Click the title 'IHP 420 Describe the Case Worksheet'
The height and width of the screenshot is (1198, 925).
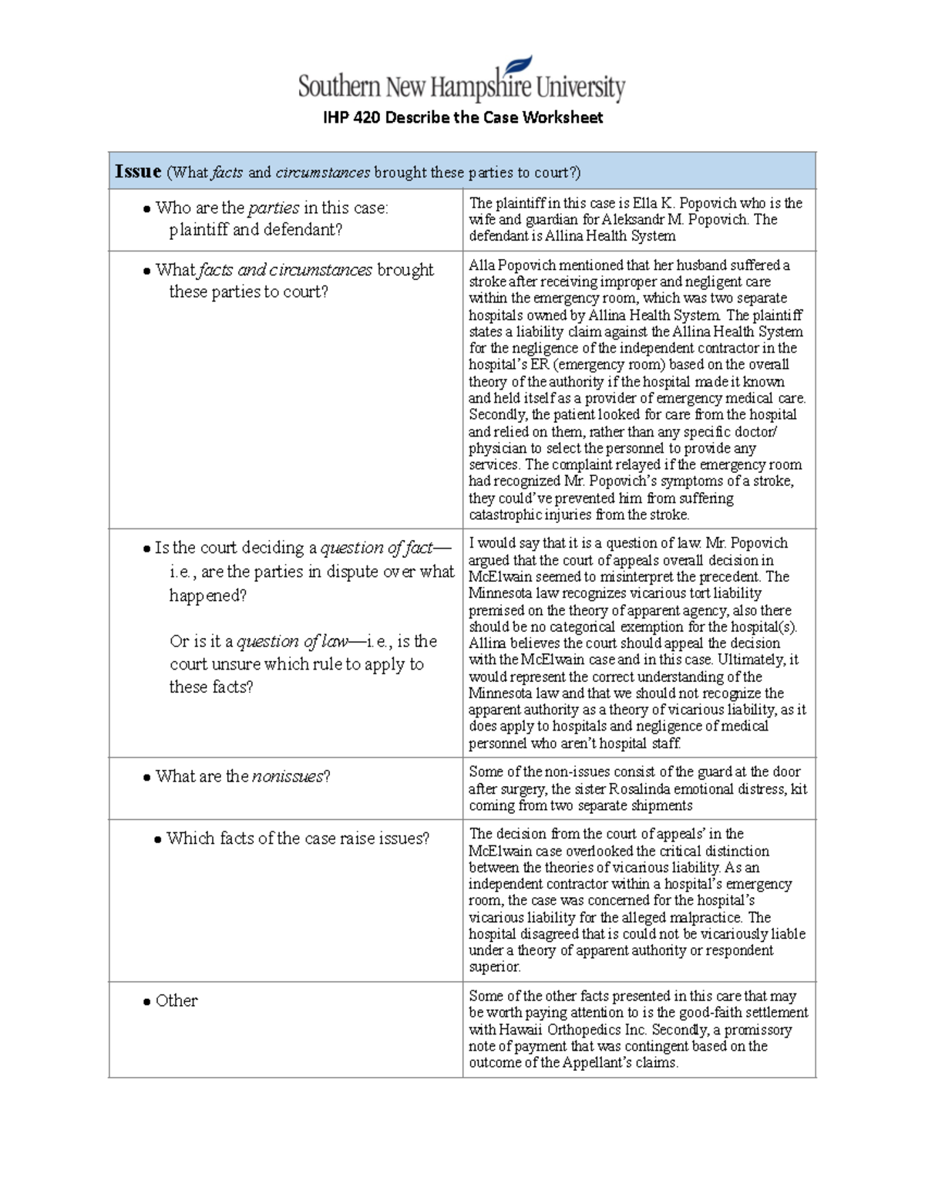pos(462,118)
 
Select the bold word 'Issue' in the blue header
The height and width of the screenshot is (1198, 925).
pos(138,171)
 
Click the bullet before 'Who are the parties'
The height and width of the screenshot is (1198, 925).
pos(146,209)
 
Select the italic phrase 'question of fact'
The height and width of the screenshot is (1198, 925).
pos(377,548)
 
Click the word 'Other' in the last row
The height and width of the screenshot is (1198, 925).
pos(177,1001)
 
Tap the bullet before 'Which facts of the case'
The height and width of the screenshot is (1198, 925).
pos(158,839)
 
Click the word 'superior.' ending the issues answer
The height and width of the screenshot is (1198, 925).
pos(495,967)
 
